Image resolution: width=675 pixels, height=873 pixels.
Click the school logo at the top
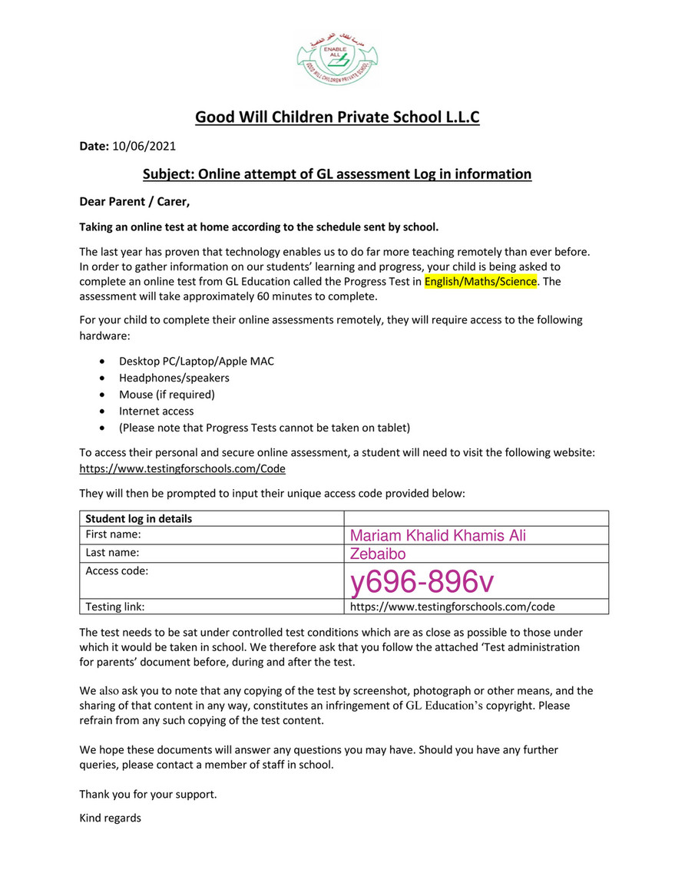pos(337,56)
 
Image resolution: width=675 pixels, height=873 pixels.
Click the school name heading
pos(337,117)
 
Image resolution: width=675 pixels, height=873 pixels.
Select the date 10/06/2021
pos(144,145)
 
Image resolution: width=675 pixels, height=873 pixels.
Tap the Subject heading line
pos(337,174)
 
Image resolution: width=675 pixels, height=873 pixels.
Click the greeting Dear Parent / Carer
pos(134,202)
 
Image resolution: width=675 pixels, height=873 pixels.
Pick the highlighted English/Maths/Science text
pos(481,282)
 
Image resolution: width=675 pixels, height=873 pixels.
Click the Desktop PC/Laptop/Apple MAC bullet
pos(196,361)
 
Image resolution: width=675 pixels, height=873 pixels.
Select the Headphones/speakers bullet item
pos(174,378)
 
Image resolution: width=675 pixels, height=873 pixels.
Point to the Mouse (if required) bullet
pos(167,395)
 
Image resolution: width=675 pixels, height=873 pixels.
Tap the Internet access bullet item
pos(155,412)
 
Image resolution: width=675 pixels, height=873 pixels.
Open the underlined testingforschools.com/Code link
pos(184,468)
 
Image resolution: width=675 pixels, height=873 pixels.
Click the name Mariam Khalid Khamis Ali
pos(438,536)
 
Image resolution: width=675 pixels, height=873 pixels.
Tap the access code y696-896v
pos(422,583)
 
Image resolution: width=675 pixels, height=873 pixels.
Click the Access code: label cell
pos(117,570)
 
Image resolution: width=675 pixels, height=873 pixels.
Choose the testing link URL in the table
pos(452,607)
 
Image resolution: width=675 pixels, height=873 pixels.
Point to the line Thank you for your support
pos(148,795)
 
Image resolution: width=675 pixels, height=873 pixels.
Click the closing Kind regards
pos(111,818)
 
